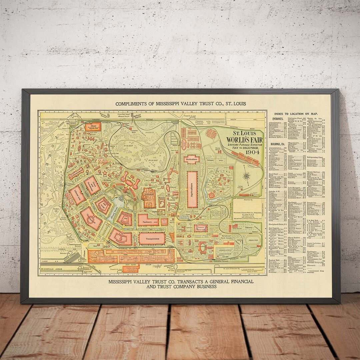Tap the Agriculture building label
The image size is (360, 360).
192,190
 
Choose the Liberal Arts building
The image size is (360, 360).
77,195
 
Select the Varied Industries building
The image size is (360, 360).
121,237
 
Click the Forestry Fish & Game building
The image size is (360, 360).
201,228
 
